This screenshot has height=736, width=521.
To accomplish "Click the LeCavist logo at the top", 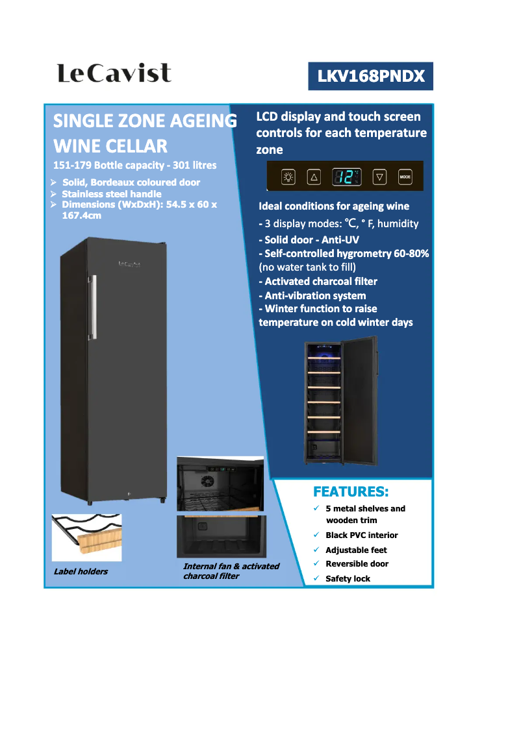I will pos(114,73).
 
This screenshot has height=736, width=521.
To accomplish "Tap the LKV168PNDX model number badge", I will pos(371,77).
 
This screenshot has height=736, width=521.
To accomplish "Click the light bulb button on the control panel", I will pos(288,176).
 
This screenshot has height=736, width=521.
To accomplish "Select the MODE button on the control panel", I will pos(405,176).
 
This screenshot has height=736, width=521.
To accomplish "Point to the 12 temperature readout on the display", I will pos(346,176).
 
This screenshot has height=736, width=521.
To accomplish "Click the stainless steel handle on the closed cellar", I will pos(94,306).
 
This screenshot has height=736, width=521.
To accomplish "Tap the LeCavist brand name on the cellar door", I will pos(130,264).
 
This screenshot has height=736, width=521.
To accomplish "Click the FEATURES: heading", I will pos(351,491).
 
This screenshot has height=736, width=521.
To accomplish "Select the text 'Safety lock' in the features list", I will pos(348,578).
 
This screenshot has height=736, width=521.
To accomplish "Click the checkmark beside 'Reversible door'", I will pos(316,563).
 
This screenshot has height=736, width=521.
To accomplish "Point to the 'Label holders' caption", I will pos(81,571).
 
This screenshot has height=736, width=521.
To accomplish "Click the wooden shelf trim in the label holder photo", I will pos(97,539).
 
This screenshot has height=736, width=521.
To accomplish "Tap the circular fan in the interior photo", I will pos(208,482).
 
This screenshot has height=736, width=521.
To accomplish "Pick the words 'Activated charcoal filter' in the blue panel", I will pos(321,281).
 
